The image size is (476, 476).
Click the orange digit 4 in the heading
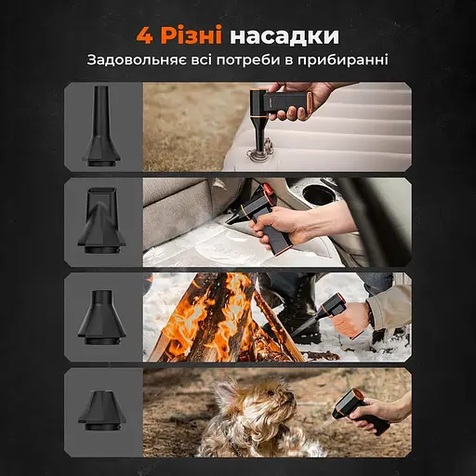coord(145,36)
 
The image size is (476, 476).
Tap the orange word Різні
coord(192,35)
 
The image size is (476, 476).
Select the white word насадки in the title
coord(284,37)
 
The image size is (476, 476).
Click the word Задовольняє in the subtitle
coord(137,60)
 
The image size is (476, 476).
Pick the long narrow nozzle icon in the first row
coord(101,126)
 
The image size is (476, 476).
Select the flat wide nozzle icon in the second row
coord(101,220)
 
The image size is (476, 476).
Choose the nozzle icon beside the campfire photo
coord(101,318)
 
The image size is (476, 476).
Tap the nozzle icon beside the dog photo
coord(102,411)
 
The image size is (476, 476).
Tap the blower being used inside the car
coord(258,217)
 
